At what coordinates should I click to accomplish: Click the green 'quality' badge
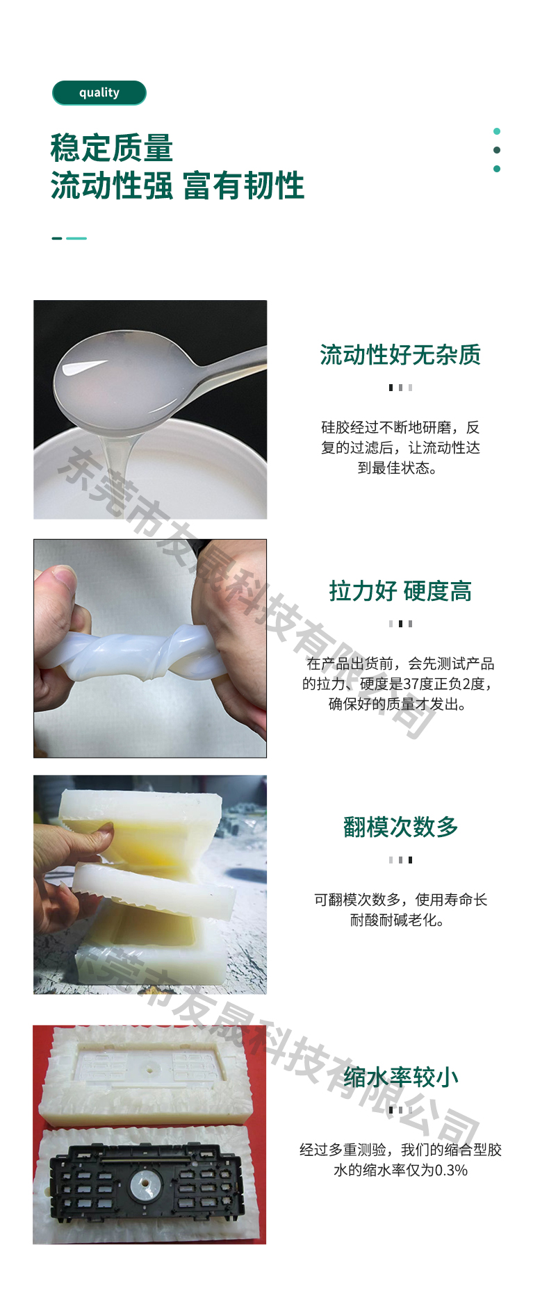click(x=99, y=93)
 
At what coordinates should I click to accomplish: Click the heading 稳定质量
click(x=112, y=148)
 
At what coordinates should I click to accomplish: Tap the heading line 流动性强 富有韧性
click(x=177, y=185)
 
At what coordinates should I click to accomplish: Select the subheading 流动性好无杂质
click(x=400, y=355)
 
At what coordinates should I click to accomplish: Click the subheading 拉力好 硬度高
click(x=400, y=591)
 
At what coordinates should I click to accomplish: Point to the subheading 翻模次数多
click(x=400, y=827)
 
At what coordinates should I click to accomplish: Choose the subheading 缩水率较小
click(x=400, y=1077)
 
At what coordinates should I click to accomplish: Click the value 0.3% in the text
click(x=451, y=1171)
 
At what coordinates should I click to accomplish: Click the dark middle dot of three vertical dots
click(x=497, y=150)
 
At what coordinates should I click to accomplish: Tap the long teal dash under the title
click(x=76, y=238)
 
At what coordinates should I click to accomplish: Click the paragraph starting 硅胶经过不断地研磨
click(x=400, y=447)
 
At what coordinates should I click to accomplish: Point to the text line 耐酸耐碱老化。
click(x=397, y=920)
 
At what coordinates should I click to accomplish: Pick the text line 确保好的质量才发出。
click(x=397, y=704)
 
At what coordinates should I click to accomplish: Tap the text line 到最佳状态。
click(x=397, y=468)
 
